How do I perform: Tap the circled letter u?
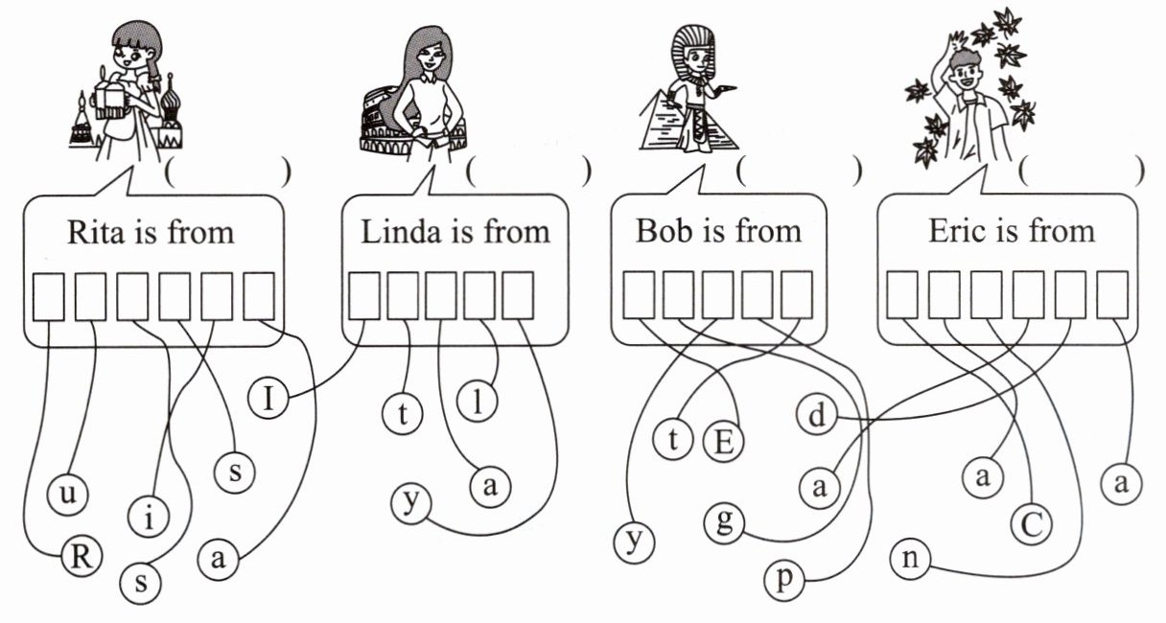click(x=66, y=496)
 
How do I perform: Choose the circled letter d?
click(x=816, y=416)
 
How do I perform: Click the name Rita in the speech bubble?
click(x=90, y=233)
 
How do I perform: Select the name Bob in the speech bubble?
click(x=661, y=231)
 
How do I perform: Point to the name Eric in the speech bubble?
click(x=954, y=231)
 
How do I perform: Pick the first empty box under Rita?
click(x=49, y=297)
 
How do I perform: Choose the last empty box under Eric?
click(x=1111, y=294)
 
